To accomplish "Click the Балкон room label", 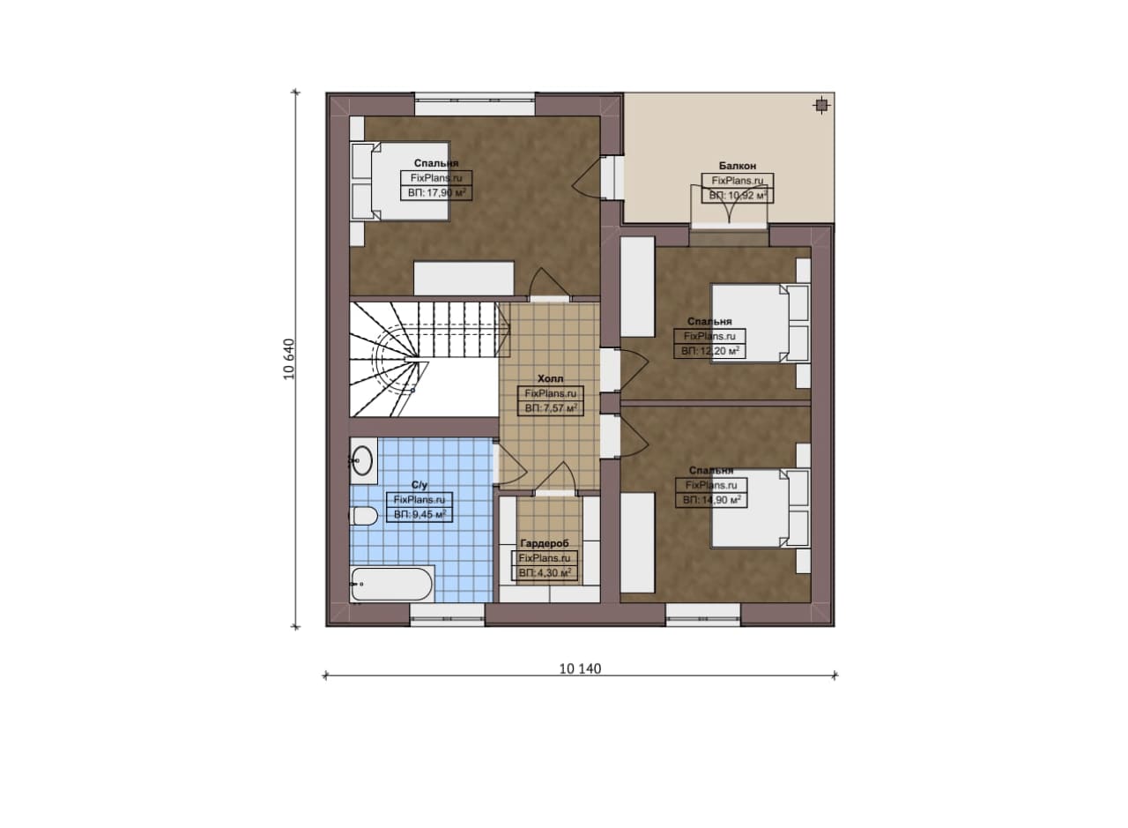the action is [738, 166].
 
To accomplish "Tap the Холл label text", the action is [551, 378].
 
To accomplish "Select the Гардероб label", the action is [545, 544].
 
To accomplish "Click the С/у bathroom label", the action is [419, 485].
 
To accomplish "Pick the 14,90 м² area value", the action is [721, 500].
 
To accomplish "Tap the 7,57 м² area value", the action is [559, 407].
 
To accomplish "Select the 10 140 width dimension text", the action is [580, 668].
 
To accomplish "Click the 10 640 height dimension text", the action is [289, 359].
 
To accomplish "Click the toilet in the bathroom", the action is [364, 516].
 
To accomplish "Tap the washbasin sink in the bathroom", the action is [362, 460].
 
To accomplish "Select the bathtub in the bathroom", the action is [392, 584].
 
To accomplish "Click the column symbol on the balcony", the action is [821, 105].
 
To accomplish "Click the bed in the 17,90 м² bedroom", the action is [400, 181].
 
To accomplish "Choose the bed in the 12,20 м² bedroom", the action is [760, 324].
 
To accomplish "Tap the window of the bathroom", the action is [447, 615].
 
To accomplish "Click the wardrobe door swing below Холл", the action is [555, 476].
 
